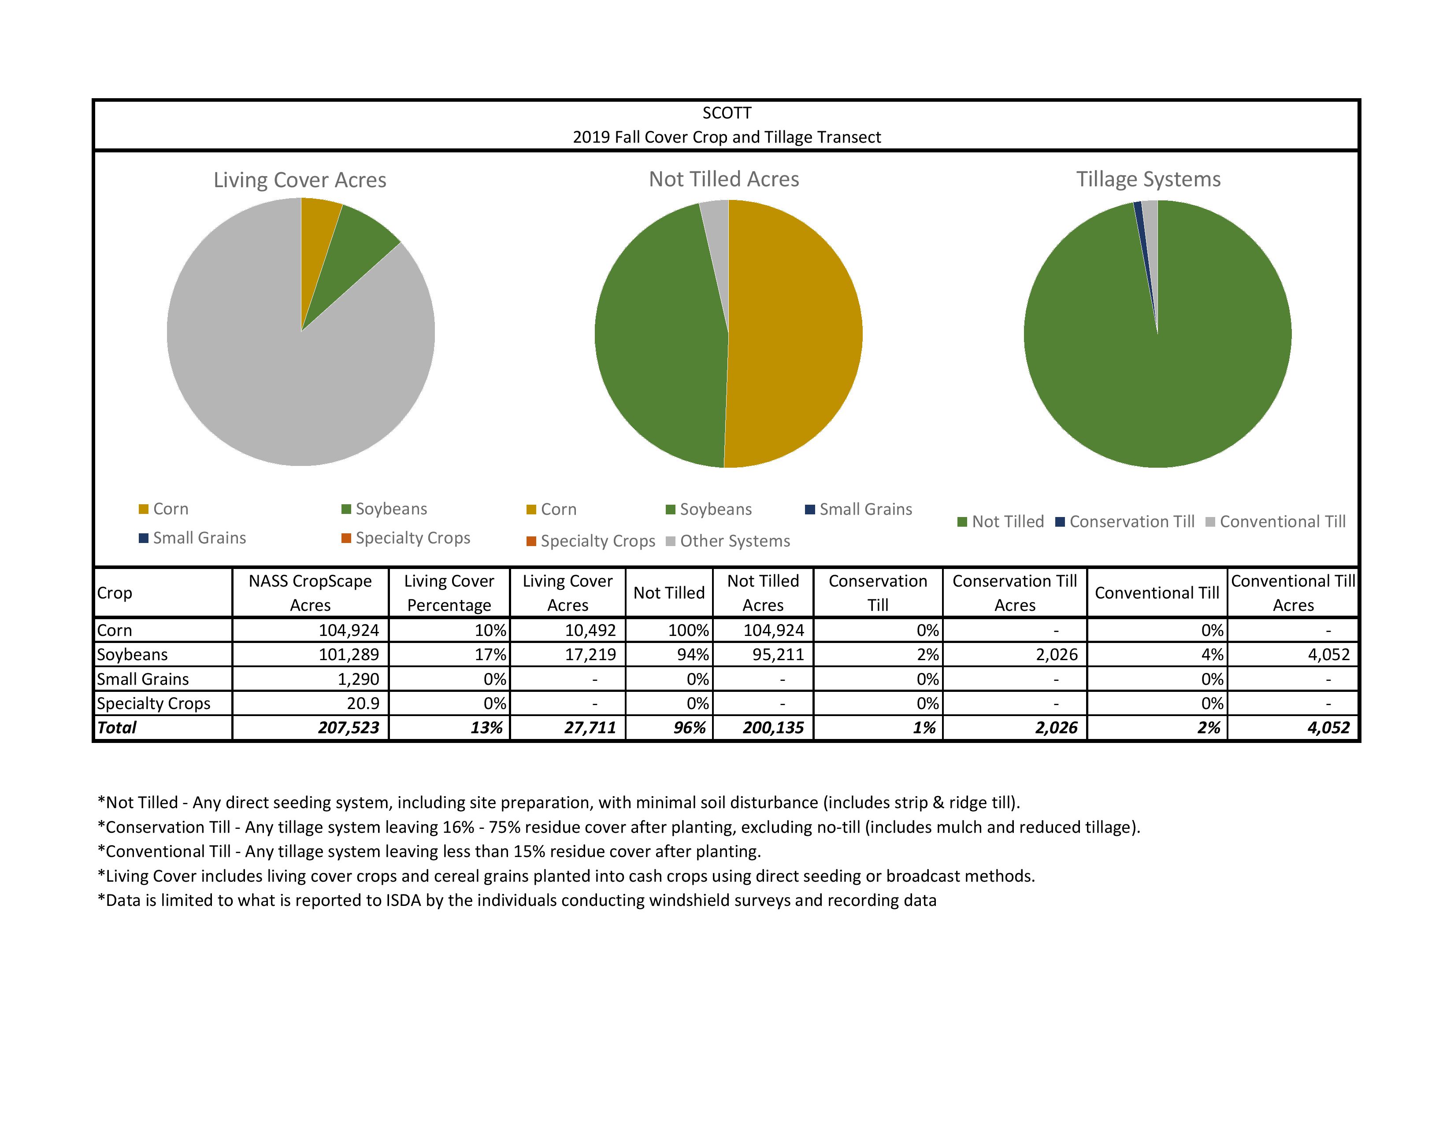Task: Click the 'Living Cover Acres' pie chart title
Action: point(300,180)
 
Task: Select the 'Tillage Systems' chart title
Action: point(1148,180)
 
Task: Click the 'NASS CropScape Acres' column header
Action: point(310,593)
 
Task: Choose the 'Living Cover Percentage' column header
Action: point(449,593)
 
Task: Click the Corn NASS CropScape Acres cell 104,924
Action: point(349,631)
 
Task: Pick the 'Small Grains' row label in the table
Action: point(143,679)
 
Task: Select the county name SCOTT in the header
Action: point(726,113)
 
